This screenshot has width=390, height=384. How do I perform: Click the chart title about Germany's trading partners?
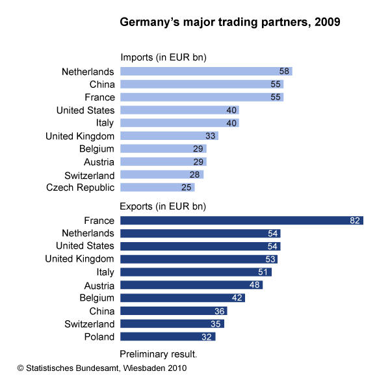230,22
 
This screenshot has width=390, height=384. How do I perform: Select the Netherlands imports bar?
206,71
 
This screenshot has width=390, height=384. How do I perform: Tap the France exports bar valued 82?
241,221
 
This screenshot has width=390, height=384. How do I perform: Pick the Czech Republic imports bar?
157,188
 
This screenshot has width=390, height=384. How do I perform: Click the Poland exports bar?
168,336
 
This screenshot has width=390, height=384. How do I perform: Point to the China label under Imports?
102,84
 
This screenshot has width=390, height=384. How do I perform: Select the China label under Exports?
102,311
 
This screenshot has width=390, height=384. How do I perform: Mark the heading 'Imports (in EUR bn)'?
164,57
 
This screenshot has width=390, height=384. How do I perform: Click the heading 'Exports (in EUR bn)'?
164,207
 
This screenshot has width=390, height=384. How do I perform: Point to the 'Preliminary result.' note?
159,354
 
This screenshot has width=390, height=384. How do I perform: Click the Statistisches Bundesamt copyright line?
102,368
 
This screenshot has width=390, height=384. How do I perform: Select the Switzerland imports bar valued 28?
162,175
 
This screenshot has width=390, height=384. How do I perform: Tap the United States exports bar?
200,246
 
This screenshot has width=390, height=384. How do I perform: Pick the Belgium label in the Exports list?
97,298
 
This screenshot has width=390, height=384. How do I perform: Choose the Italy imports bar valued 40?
179,123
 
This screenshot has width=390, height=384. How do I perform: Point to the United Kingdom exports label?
80,259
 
